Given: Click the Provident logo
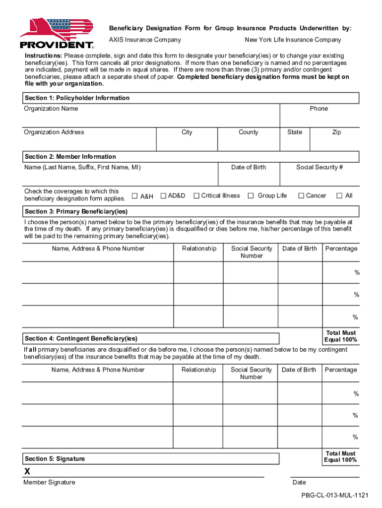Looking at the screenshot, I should tap(57, 34).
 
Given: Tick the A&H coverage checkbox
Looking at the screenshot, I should tap(134, 196).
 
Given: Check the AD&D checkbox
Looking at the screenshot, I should tap(163, 195).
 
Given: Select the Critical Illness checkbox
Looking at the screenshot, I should tap(196, 195).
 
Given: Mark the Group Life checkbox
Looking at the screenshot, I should tap(251, 195).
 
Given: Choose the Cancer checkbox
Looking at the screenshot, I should tap(301, 195).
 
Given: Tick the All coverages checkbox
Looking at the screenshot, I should tap(339, 195).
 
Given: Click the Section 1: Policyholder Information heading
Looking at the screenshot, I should tap(77, 98).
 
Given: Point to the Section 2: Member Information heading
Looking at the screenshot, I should tap(70, 157).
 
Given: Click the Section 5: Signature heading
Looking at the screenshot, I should tap(55, 459).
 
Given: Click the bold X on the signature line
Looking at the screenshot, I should tap(27, 472).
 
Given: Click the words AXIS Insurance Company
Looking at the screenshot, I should tap(145, 40).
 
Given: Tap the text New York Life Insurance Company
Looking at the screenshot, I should tap(293, 40).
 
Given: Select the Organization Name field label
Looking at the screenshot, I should tap(51, 109).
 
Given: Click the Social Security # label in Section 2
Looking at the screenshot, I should tap(319, 167).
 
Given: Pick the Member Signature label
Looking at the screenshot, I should tap(49, 483).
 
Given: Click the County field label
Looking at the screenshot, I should tap(248, 132).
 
